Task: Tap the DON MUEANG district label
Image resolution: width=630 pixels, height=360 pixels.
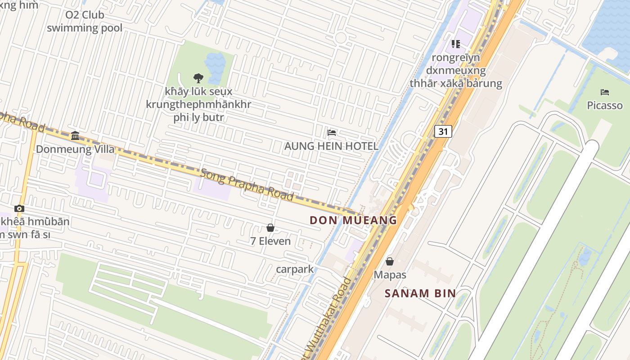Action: [353, 220]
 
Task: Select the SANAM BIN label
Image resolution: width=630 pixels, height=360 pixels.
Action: [420, 293]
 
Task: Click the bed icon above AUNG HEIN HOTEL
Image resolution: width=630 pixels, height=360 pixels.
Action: [332, 133]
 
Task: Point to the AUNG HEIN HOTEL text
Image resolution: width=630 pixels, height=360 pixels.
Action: [331, 146]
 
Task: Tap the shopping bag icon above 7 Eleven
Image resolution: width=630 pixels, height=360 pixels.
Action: [270, 228]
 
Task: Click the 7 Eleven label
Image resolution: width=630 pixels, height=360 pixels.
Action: [270, 241]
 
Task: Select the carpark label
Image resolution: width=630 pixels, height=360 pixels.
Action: [295, 270]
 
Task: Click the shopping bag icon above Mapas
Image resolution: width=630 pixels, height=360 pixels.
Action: [390, 261]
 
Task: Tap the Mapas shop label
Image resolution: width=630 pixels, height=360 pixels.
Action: [390, 274]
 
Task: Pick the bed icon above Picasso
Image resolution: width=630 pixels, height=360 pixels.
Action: [605, 92]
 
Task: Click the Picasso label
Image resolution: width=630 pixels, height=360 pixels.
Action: [605, 105]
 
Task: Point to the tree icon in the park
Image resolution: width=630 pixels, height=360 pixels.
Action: [198, 78]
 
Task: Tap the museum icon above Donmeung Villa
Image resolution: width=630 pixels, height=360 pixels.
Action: [75, 135]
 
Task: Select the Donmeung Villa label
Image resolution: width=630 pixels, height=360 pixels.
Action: [75, 149]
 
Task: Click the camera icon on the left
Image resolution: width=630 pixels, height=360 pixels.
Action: [19, 208]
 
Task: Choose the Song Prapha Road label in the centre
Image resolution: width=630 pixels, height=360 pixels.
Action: [247, 184]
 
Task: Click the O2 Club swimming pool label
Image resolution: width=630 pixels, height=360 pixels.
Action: [85, 21]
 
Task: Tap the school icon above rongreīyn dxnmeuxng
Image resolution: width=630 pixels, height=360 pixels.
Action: [455, 44]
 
